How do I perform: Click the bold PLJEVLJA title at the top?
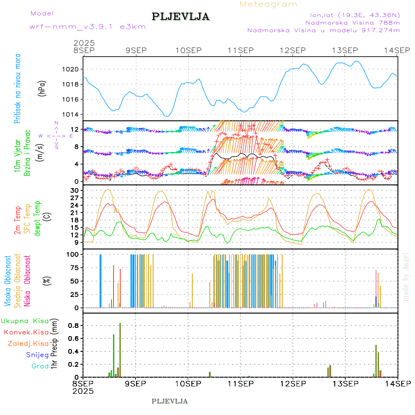181,17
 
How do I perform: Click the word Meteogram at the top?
269,4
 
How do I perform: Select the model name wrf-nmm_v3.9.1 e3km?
88,27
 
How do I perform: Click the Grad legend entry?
40,366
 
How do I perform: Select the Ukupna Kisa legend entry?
24,320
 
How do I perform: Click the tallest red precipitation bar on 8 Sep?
120,350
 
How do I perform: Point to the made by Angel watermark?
406,277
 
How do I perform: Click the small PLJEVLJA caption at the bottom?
170,401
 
